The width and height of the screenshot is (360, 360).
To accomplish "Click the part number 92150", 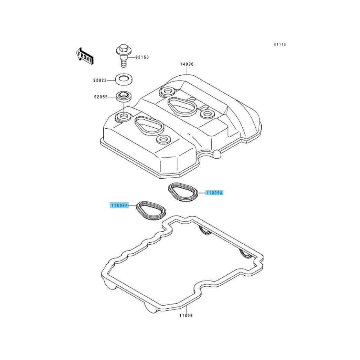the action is tap(142, 57).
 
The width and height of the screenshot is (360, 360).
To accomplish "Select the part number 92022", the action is tap(100, 80).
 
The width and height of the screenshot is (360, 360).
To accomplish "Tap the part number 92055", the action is tap(101, 97).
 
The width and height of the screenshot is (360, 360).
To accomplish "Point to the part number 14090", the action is tap(187, 64).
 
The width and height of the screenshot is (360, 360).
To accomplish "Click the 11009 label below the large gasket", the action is tap(186, 316).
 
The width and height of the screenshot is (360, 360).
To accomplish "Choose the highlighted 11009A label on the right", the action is tap(214, 193).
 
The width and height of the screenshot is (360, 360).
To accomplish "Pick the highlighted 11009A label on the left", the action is tap(119, 205).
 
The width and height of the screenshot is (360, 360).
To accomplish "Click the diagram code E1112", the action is tap(280, 44).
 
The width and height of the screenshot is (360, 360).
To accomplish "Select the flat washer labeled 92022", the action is tap(124, 80).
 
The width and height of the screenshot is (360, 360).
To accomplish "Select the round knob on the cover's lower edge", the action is tap(217, 154).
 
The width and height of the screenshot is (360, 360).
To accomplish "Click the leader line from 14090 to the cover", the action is tap(187, 70).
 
